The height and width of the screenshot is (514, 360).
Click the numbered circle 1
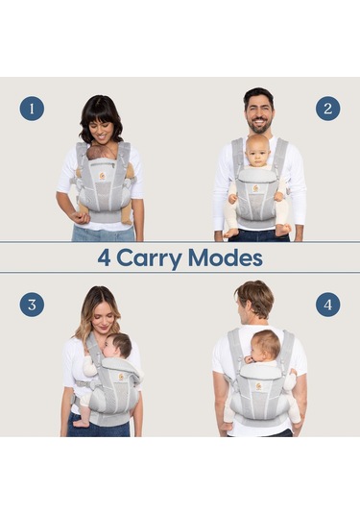32,109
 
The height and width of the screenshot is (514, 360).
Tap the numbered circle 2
327,109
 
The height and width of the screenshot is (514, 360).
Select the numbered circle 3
32,305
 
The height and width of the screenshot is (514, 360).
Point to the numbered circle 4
327,305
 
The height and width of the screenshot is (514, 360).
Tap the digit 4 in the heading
105,257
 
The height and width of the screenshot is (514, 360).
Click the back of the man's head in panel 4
253,302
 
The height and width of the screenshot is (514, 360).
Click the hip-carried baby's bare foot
85,421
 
